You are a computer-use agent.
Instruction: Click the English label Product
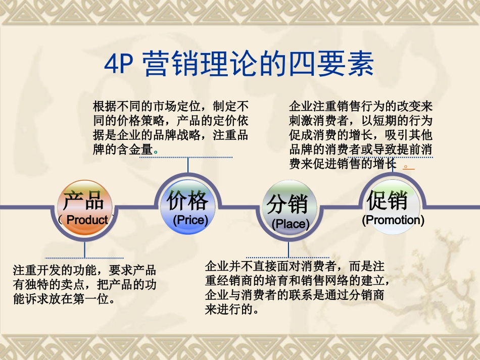(87, 220)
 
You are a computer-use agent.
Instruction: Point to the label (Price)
(190, 220)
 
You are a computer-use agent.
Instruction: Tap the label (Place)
(290, 224)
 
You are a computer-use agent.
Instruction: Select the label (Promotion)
(393, 220)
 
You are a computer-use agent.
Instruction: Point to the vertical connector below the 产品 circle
(84, 250)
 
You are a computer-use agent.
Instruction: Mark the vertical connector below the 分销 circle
(289, 249)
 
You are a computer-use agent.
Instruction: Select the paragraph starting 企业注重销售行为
(361, 135)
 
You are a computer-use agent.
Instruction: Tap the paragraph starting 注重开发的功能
(84, 284)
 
